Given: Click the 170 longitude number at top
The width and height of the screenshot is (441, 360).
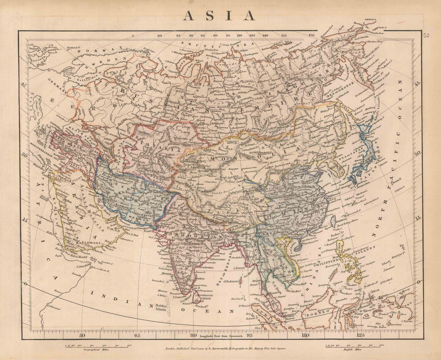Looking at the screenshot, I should click(312, 35).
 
